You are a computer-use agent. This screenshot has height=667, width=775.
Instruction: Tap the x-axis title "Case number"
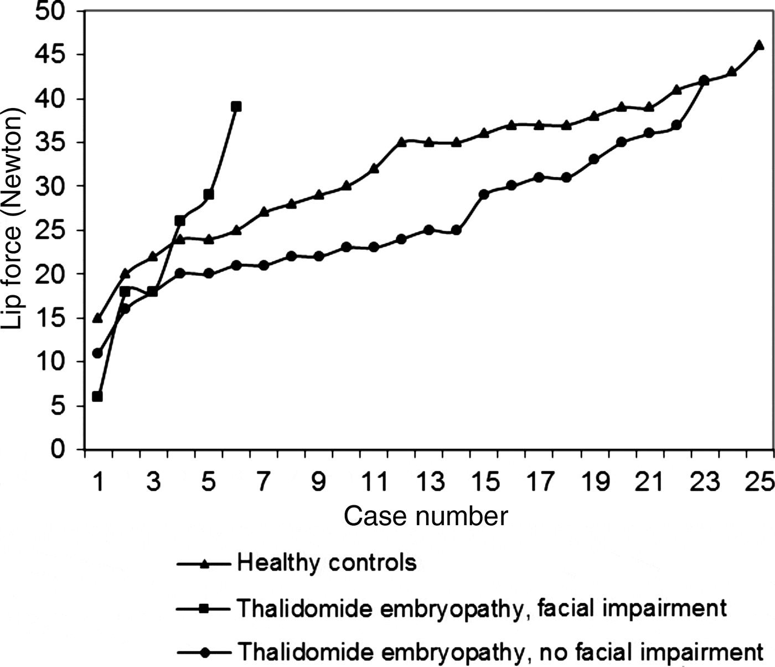coord(425,516)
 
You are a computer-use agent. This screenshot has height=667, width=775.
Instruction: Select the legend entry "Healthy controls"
coord(327,563)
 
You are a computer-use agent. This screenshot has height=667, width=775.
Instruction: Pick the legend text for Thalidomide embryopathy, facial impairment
coord(482,608)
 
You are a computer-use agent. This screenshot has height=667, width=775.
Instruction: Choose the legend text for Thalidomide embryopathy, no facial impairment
coord(500,651)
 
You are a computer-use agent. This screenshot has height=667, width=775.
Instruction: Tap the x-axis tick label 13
coord(430,482)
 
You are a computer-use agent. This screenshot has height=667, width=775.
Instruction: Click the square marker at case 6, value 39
coord(236,106)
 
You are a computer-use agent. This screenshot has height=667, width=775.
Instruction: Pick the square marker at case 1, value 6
coord(97,397)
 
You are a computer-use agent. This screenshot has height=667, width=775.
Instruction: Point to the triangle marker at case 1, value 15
coord(97,317)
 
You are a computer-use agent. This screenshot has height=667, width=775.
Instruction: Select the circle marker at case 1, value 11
coord(97,353)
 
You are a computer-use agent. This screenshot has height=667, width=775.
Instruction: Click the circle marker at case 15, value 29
coord(484,194)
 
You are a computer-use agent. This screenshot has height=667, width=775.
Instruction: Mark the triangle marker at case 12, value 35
coord(401,142)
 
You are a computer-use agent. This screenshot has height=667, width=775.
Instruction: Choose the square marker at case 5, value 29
coord(208,194)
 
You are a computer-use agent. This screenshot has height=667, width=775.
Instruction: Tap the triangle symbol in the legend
coord(204,564)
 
